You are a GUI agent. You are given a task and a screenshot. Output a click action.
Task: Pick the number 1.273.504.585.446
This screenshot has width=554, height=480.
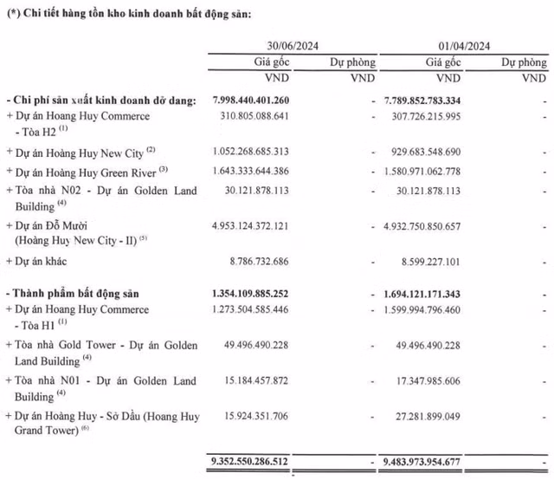coord(262,309)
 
